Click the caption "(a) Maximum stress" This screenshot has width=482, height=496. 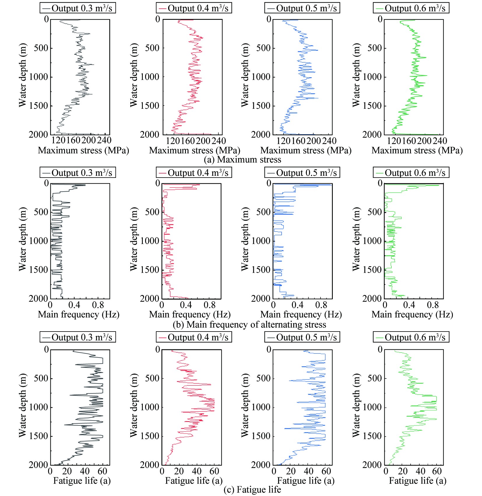[x=242, y=160]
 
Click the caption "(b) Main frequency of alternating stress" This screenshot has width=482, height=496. [x=249, y=324]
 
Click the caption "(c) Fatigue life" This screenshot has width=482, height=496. [x=252, y=490]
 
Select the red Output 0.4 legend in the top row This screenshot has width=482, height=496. [x=194, y=8]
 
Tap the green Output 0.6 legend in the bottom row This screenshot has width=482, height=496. [x=411, y=337]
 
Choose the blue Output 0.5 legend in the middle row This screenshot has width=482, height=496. [x=302, y=173]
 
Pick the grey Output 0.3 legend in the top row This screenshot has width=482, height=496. [x=78, y=8]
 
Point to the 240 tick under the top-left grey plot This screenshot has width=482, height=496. [x=104, y=140]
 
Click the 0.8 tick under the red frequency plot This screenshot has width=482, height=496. [x=210, y=305]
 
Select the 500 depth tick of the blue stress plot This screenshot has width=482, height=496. [x=263, y=48]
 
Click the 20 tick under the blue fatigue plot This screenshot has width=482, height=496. [x=291, y=471]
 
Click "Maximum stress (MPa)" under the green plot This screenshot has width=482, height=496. [x=417, y=150]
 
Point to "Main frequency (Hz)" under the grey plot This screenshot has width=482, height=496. [x=78, y=315]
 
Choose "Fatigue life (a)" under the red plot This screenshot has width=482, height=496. [x=194, y=481]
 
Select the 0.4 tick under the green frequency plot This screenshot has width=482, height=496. [x=409, y=305]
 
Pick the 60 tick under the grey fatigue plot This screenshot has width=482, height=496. [x=102, y=471]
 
